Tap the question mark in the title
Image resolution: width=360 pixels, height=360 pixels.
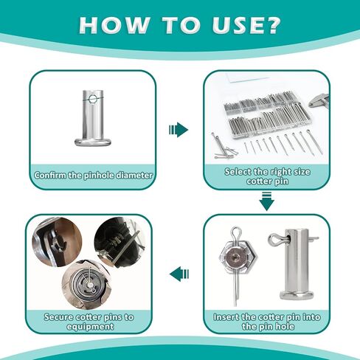click(x=271, y=24)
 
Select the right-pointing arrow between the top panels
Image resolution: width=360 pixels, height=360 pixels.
click(x=179, y=130)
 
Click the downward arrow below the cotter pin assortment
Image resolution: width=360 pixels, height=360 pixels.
click(x=266, y=202)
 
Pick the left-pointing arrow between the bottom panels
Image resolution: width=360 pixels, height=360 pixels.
click(x=179, y=274)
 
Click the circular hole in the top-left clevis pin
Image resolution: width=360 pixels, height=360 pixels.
click(x=94, y=99)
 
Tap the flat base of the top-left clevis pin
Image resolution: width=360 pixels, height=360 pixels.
click(x=94, y=142)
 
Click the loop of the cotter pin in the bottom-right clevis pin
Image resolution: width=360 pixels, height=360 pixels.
click(x=275, y=240)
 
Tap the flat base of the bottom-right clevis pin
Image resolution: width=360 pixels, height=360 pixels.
click(x=297, y=294)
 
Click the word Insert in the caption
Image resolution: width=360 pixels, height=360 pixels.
click(x=226, y=317)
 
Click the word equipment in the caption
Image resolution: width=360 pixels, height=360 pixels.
click(x=90, y=327)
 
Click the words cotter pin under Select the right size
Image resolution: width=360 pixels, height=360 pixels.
click(x=267, y=181)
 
